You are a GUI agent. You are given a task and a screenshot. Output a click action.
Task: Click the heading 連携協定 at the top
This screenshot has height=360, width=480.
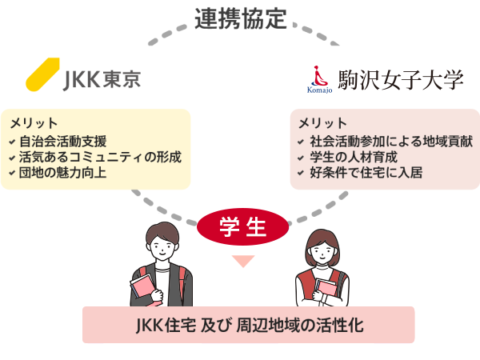(x=240, y=19)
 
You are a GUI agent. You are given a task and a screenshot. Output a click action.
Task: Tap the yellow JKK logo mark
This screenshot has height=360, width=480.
(x=44, y=73)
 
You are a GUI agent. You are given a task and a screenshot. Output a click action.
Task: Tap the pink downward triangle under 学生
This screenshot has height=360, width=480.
(x=242, y=261)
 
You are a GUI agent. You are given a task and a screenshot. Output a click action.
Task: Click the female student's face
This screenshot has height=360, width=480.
(x=325, y=251)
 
